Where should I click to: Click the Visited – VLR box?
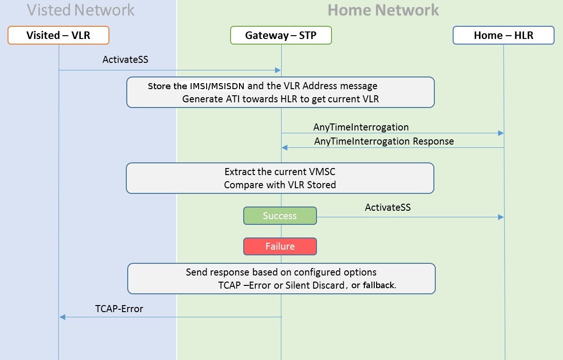click(58, 35)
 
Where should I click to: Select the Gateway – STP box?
click(281, 35)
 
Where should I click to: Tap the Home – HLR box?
click(503, 35)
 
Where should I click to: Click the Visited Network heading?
click(81, 10)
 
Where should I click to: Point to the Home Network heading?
click(383, 10)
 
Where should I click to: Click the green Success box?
click(280, 216)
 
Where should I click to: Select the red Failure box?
click(280, 246)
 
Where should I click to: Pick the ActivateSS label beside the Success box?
click(387, 207)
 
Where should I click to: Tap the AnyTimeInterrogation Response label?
click(384, 141)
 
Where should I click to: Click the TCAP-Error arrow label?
click(119, 309)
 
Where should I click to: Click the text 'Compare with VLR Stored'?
click(280, 185)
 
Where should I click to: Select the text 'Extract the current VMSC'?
click(280, 172)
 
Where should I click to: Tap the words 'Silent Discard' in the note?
click(315, 285)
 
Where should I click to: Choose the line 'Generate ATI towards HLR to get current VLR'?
click(280, 99)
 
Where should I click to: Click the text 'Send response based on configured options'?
click(281, 272)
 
